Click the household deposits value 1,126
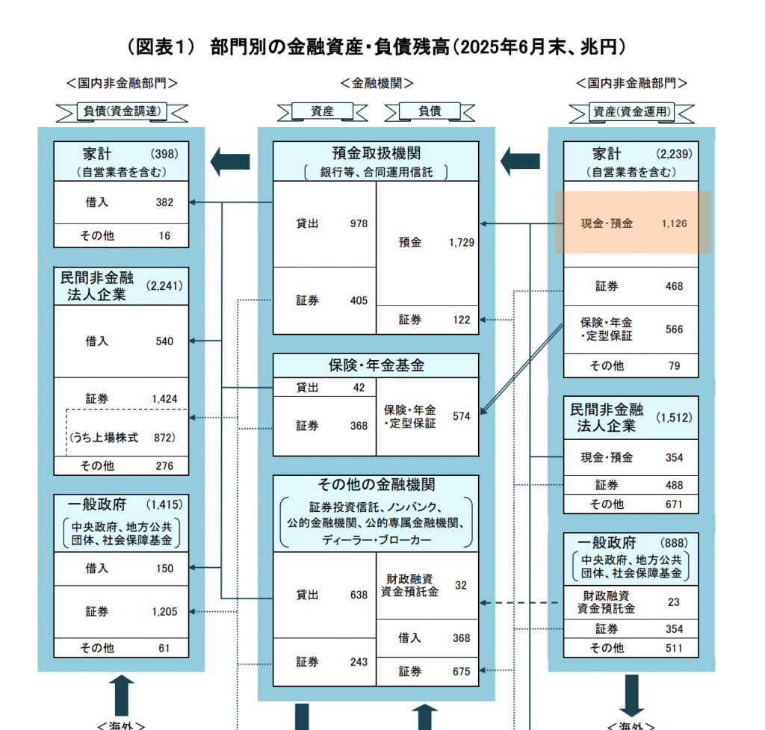pos(674,223)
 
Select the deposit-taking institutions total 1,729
pos(462,243)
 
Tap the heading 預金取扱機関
pos(376,152)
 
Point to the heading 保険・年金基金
pos(376,365)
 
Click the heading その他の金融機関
pos(376,485)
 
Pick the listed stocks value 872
pos(164,438)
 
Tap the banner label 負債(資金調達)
pos(122,112)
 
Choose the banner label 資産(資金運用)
pos(632,112)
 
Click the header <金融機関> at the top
pos(377,83)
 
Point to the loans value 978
pos(359,223)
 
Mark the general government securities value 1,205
pos(164,611)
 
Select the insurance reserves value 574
pos(461,416)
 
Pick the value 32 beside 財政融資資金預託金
pos(461,585)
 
